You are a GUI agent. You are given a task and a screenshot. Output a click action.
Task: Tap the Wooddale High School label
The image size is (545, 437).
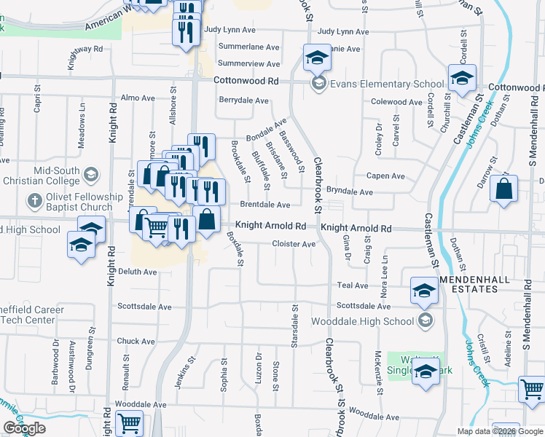click(x=362, y=321)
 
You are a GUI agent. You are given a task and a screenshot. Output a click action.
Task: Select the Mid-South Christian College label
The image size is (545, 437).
click(x=41, y=176)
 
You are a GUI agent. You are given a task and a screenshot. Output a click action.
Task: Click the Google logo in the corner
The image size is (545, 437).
click(x=24, y=428)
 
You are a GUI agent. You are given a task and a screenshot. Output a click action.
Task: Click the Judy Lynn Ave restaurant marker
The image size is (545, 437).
click(x=186, y=32)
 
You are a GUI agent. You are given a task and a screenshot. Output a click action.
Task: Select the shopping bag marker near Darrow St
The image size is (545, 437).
click(x=503, y=190)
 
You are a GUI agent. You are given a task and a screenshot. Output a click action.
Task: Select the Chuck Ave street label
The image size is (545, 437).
click(x=136, y=341)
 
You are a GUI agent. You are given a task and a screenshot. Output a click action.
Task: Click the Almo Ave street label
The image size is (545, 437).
click(x=138, y=98)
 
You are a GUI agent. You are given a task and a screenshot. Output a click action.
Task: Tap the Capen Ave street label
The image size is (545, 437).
click(x=385, y=176)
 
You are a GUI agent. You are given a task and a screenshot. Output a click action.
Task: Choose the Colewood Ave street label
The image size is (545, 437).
click(x=396, y=102)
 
